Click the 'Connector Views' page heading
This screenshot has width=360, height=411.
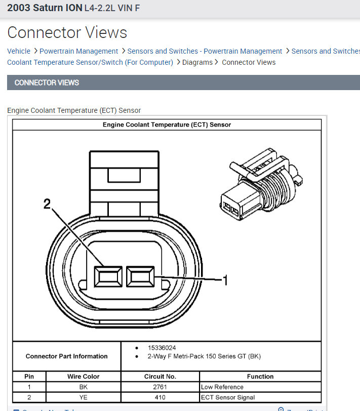tap(67, 33)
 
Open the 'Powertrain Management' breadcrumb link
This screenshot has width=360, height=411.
tap(78, 51)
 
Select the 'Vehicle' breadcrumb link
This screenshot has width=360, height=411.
tap(19, 51)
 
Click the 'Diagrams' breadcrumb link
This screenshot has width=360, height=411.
tap(197, 62)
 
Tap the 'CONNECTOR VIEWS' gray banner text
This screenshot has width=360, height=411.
tap(47, 83)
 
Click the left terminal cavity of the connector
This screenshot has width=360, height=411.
tap(108, 276)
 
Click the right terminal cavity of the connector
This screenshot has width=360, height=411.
tap(140, 276)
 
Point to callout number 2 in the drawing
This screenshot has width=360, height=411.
tap(47, 204)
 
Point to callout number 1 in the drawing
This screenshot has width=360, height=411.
tap(224, 279)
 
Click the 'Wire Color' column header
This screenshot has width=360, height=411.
tap(84, 377)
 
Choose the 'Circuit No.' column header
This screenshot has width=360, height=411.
tap(160, 377)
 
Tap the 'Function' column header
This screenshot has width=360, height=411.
tap(260, 377)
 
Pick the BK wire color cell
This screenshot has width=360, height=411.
tap(84, 387)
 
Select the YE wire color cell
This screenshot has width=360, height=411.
tap(84, 397)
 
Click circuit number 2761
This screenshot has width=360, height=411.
tap(160, 387)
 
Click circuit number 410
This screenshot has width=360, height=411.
tap(160, 397)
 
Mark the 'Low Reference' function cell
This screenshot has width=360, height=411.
tap(222, 387)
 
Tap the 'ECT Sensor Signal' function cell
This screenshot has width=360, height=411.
tap(228, 397)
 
